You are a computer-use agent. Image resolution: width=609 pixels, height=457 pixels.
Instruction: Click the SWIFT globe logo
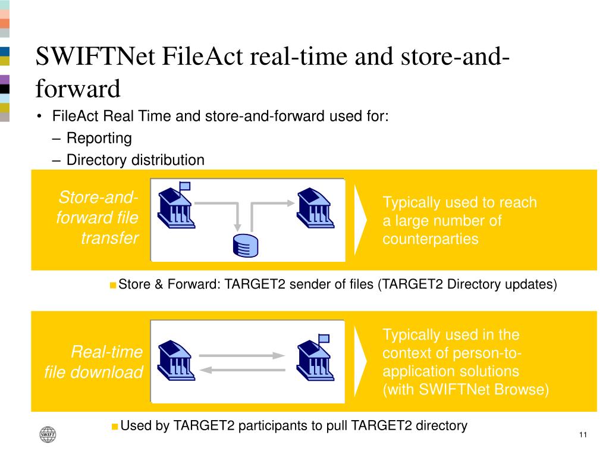click(48, 434)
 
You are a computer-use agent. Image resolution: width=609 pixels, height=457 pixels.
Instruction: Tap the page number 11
click(583, 435)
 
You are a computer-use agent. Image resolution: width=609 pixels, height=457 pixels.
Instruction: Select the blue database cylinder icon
click(246, 246)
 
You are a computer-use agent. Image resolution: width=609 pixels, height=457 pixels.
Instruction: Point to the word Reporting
click(99, 138)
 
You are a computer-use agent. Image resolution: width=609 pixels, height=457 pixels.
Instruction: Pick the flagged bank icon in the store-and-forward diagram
click(176, 205)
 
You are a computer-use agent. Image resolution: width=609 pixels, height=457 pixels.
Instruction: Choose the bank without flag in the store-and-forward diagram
click(315, 208)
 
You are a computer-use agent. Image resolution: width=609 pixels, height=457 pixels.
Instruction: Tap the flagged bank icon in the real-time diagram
click(315, 357)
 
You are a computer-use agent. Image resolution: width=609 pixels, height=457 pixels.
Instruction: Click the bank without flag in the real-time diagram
click(176, 360)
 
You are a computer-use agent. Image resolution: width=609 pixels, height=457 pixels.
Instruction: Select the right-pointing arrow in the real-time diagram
click(242, 356)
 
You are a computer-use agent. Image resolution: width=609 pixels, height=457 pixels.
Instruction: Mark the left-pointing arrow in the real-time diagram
click(243, 370)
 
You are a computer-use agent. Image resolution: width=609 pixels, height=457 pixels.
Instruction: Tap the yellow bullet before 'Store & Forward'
click(113, 286)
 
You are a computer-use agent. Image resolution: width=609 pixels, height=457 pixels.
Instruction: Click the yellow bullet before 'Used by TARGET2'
click(115, 427)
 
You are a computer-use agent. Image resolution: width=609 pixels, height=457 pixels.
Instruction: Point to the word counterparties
click(431, 239)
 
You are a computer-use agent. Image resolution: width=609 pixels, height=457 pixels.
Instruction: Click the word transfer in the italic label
click(110, 238)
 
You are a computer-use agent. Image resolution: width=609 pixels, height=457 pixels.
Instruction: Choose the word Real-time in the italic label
click(107, 352)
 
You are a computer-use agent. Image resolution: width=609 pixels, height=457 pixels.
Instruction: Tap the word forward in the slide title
click(78, 89)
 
